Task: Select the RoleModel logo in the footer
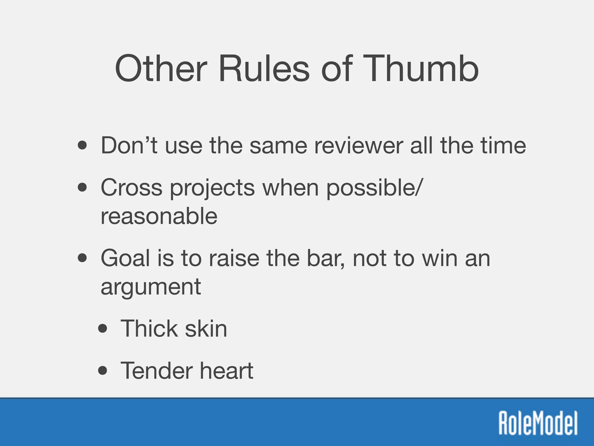[538, 423]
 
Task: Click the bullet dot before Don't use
[82, 145]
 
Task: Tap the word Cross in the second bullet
[131, 188]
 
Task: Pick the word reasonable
[159, 216]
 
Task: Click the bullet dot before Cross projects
[82, 188]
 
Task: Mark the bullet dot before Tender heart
[103, 371]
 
